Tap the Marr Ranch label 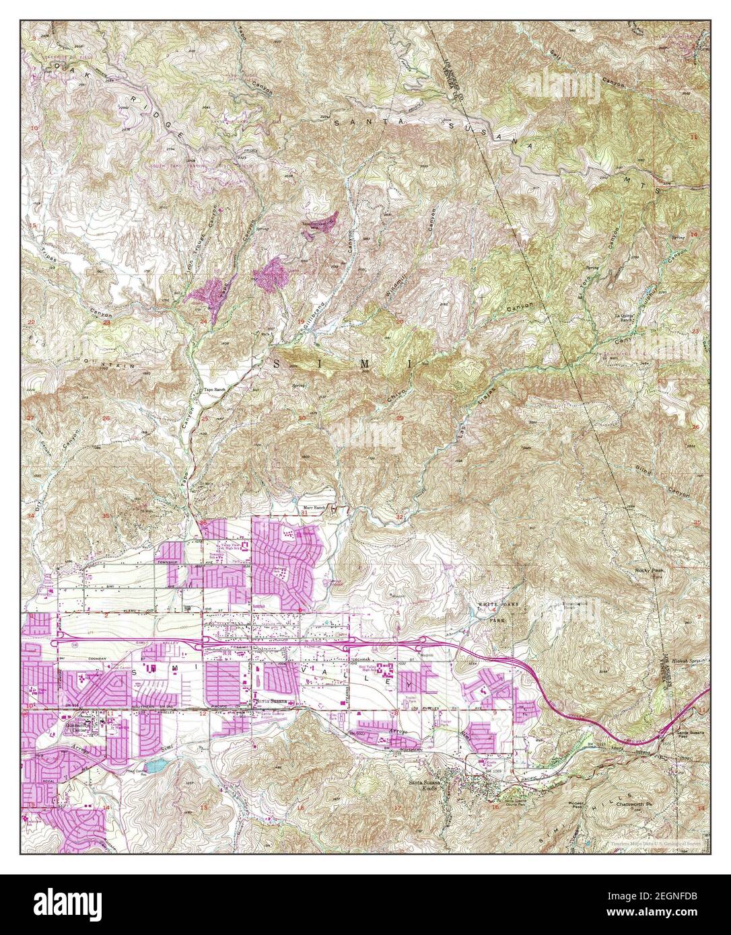(x=314, y=508)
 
